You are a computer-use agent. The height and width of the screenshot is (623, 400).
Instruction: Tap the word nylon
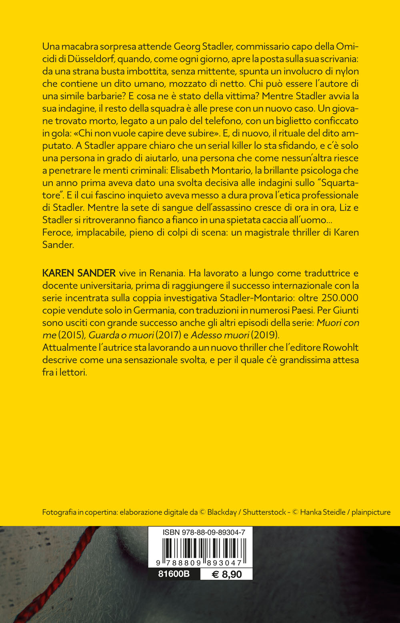346,71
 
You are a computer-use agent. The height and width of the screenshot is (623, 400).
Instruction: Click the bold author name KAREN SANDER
79,274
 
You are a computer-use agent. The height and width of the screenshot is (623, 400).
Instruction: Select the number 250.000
340,298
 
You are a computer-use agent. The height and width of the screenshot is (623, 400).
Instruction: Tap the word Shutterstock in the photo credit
264,512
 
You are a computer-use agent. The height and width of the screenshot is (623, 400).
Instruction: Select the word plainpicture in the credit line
371,512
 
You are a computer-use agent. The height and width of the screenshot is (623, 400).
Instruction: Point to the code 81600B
174,574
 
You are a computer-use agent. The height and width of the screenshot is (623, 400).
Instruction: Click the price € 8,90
226,575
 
